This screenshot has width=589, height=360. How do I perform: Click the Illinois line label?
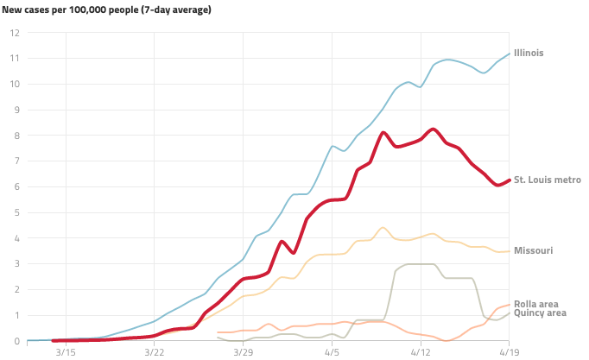[x=529, y=54]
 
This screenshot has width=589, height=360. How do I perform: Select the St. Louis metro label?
[x=547, y=180]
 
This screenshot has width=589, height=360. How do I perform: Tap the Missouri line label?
[x=533, y=250]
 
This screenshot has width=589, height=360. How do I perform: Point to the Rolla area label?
[x=535, y=304]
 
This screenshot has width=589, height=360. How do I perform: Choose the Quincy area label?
[x=540, y=313]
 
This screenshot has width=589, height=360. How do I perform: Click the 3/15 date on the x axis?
[x=66, y=352]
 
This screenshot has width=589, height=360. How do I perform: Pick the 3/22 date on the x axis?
[x=155, y=352]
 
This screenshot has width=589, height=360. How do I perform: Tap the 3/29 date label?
[x=244, y=352]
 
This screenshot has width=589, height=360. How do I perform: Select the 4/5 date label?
[x=332, y=352]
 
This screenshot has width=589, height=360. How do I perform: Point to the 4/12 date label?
[x=421, y=352]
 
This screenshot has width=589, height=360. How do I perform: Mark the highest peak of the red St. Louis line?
[x=434, y=129]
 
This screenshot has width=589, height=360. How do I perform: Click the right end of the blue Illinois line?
[x=510, y=54]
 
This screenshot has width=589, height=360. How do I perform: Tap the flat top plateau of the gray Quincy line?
[x=420, y=264]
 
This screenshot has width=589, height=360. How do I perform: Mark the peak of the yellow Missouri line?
[x=383, y=228]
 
